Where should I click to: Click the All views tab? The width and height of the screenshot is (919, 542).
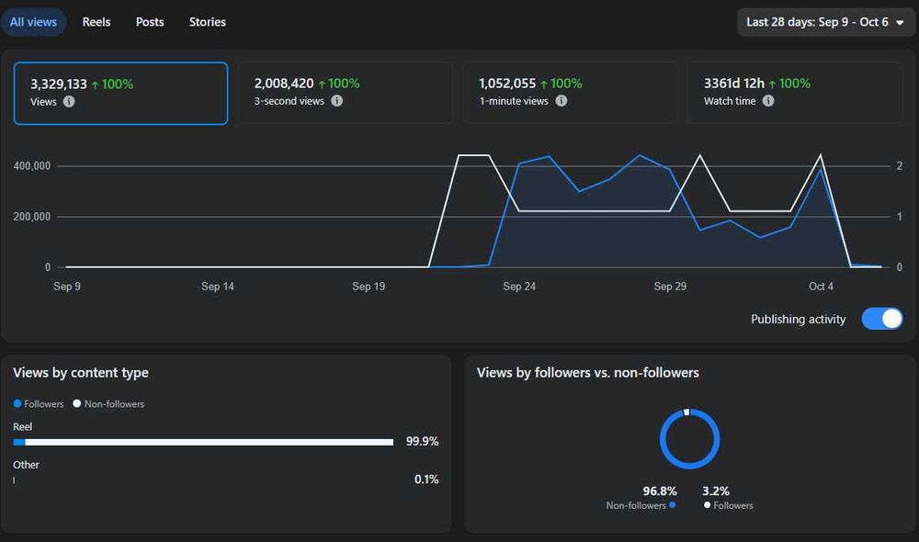pos(33,22)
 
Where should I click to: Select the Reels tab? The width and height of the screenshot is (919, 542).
pos(96,22)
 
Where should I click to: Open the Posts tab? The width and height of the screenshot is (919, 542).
pos(150,22)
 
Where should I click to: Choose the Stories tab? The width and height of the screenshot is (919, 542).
pos(208,22)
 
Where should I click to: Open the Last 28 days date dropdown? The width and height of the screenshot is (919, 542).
pos(826,22)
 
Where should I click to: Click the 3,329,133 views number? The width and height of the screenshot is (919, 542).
pos(59,85)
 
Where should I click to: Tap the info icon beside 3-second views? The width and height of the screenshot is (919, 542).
pos(337,101)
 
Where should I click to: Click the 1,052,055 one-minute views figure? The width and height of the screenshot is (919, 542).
pos(507,84)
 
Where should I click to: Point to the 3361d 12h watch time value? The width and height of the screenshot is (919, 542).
pos(733,84)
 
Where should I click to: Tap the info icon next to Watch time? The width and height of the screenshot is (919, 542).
pos(768,101)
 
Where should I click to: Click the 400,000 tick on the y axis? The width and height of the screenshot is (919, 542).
pos(31,166)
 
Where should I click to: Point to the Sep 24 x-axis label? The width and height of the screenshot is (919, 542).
pos(519,287)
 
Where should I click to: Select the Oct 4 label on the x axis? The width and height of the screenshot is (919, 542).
pos(821,287)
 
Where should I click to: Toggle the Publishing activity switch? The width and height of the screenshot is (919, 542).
pos(882,319)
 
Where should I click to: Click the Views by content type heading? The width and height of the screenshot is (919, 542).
pos(81,373)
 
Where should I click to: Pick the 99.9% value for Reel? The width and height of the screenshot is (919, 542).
pos(422,441)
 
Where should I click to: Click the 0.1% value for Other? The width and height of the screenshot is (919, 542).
pos(426,480)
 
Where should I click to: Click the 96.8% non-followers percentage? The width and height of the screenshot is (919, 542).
pos(659,491)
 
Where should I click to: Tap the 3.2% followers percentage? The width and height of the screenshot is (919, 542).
pos(716,491)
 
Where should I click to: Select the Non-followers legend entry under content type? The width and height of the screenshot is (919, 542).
pos(108,403)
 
